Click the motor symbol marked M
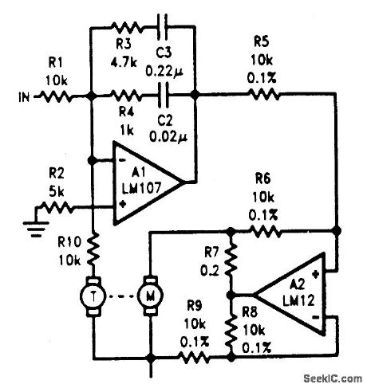pos(150,296)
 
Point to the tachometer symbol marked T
pos(93,296)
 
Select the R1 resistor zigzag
pos(58,98)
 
